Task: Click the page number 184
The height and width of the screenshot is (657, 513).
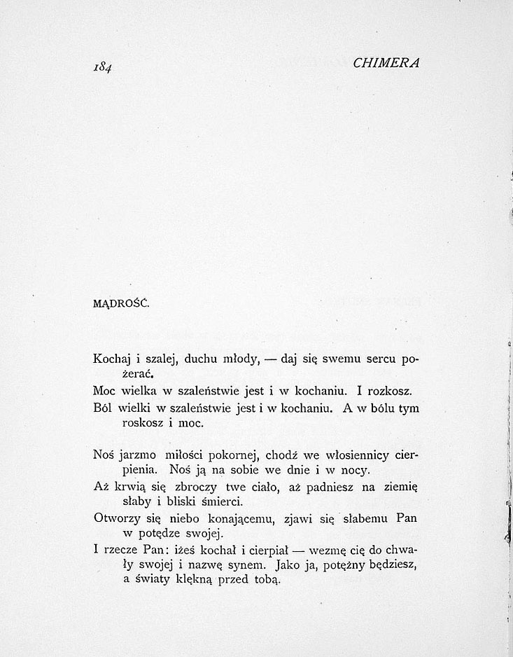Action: click(x=104, y=67)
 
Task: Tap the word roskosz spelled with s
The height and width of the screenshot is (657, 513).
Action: click(x=143, y=424)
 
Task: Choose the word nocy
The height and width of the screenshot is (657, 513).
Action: click(x=345, y=469)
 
